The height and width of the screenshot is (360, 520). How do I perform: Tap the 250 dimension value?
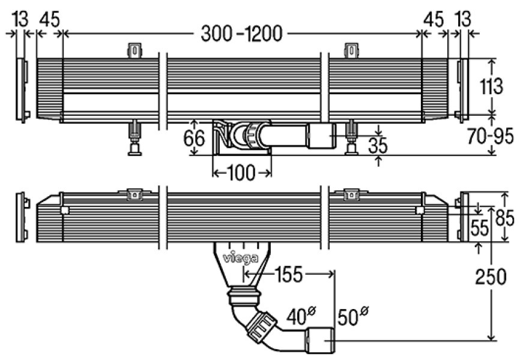pos(491,278)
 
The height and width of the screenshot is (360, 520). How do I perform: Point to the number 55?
pos(479,229)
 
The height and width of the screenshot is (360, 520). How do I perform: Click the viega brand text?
pos(241,259)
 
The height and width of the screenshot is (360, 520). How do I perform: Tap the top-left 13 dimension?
pos(18,19)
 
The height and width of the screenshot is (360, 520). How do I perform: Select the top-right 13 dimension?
pos(464,19)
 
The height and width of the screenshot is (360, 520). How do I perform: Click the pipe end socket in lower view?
pos(321,340)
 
